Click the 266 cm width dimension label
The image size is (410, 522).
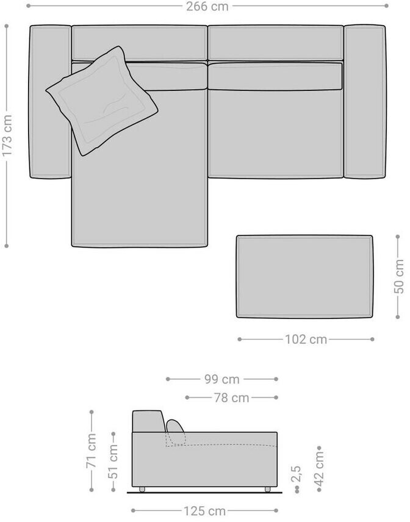pyautogui.click(x=207, y=6)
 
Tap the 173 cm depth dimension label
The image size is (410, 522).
pyautogui.click(x=7, y=135)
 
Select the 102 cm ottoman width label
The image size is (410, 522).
pyautogui.click(x=306, y=339)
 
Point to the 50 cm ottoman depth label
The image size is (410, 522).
pyautogui.click(x=398, y=277)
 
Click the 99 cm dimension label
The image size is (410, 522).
pyautogui.click(x=222, y=379)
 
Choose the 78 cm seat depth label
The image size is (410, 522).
pyautogui.click(x=231, y=398)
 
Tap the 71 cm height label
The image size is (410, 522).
pyautogui.click(x=92, y=451)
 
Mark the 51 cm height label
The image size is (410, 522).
pyautogui.click(x=113, y=462)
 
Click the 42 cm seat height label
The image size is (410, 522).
pyautogui.click(x=318, y=469)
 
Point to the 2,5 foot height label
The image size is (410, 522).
pyautogui.click(x=296, y=474)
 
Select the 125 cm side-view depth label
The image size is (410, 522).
pyautogui.click(x=204, y=510)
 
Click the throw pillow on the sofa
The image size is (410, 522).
pyautogui.click(x=102, y=101)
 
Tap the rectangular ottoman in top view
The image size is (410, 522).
pyautogui.click(x=304, y=277)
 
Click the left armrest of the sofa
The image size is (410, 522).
pyautogui.click(x=50, y=102)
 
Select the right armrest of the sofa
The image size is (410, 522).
pyautogui.click(x=365, y=101)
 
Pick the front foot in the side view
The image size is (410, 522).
pyautogui.click(x=267, y=489)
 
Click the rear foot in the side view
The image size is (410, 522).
pyautogui.click(x=142, y=489)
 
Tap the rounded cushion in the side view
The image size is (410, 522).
pyautogui.click(x=176, y=432)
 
